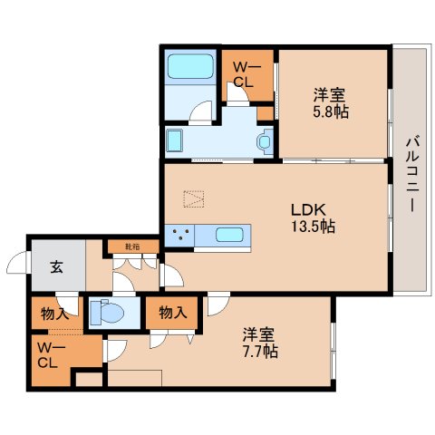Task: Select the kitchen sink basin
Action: pos(228,237)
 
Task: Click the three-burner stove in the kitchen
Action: pos(180,236)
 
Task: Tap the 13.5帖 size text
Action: pos(313,227)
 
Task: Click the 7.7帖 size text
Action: pos(260,351)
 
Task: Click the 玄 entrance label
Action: pos(56,266)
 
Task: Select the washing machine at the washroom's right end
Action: pos(263,140)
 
